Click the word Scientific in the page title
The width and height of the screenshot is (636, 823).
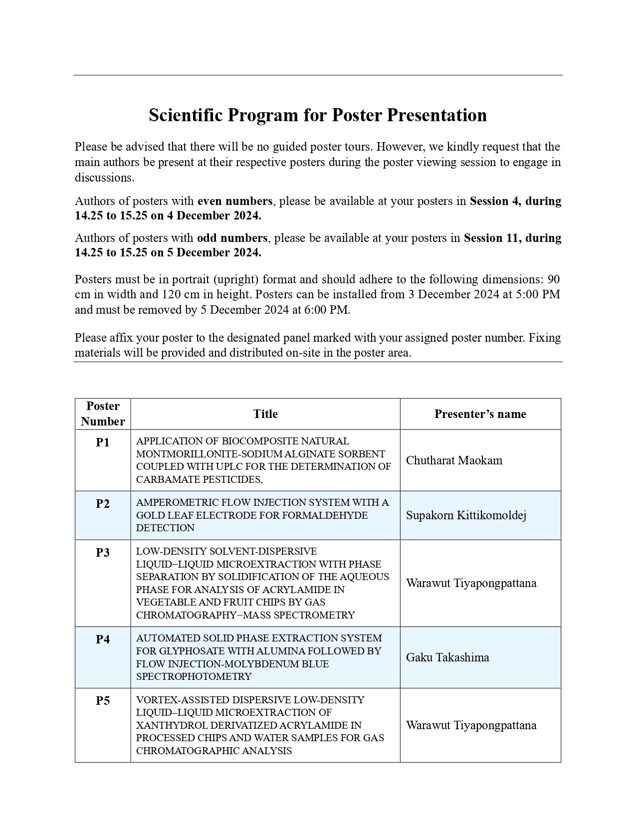click(186, 115)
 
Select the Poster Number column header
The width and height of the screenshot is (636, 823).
click(103, 414)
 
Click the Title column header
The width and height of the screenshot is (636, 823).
click(265, 414)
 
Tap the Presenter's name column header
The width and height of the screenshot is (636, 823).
click(480, 414)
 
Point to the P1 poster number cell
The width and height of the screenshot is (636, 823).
click(103, 442)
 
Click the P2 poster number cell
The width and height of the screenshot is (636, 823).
click(103, 504)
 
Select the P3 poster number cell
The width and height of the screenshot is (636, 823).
click(103, 553)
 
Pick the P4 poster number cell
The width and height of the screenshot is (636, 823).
click(103, 639)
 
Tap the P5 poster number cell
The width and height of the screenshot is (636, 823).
click(103, 701)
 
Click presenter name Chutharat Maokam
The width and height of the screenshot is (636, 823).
click(454, 460)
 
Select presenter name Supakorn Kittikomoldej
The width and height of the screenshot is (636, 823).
click(466, 515)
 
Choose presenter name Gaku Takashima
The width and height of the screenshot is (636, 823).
click(447, 657)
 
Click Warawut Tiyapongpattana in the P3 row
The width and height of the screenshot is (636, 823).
click(471, 583)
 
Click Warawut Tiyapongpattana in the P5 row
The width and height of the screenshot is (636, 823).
click(471, 725)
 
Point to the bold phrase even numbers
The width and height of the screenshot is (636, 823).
click(235, 201)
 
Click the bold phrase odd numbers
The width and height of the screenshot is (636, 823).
click(232, 238)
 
